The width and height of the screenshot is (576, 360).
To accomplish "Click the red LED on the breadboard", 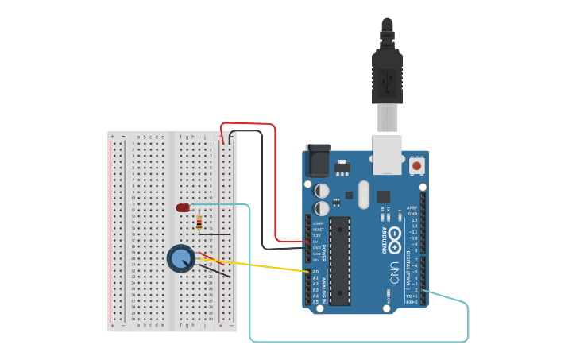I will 183,207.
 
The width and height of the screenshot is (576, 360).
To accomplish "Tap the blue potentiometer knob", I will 180,258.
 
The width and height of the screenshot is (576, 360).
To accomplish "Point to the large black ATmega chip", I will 340,260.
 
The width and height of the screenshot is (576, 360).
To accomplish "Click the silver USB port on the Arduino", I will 387,154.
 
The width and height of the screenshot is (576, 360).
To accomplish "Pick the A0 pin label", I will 315,272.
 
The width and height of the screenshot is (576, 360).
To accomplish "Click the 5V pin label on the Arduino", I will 315,242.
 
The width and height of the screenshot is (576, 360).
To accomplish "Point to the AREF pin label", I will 412,207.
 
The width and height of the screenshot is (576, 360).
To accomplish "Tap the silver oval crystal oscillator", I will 364,193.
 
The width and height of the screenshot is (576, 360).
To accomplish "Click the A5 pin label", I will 315,302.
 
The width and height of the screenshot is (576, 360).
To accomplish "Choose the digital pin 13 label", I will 414,220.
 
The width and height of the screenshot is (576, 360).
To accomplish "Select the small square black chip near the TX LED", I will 384,196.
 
